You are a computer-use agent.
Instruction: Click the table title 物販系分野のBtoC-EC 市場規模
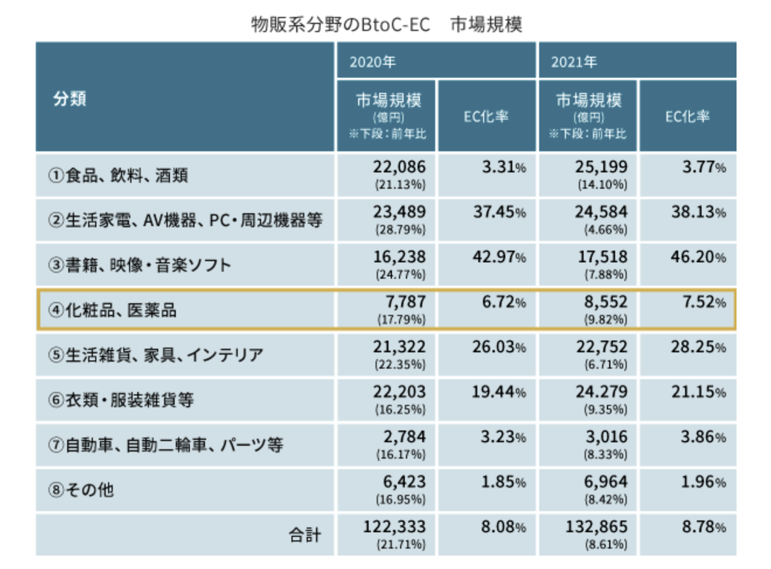click(x=386, y=25)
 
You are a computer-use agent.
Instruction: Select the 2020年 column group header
click(x=372, y=62)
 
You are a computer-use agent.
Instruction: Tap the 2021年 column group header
click(x=574, y=62)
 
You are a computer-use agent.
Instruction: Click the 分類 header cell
click(x=70, y=98)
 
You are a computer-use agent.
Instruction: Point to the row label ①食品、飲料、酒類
click(x=119, y=175)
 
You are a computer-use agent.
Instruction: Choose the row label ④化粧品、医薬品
click(x=113, y=310)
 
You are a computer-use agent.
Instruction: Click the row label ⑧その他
click(x=81, y=490)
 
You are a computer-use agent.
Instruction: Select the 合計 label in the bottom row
click(x=305, y=535)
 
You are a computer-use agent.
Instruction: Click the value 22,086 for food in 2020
click(x=400, y=167)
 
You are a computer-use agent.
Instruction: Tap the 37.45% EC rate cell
click(x=499, y=212)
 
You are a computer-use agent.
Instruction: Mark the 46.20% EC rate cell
click(x=698, y=257)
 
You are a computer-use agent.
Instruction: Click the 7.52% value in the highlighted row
click(x=704, y=302)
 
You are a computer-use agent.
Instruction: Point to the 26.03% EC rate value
click(x=499, y=347)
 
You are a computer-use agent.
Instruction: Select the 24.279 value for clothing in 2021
click(x=601, y=392)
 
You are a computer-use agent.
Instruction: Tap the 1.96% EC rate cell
click(x=704, y=482)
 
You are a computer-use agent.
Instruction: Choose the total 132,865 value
click(x=596, y=527)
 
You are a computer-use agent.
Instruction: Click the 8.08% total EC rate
click(x=503, y=527)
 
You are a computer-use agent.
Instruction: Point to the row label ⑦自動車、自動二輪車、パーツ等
click(x=166, y=445)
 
